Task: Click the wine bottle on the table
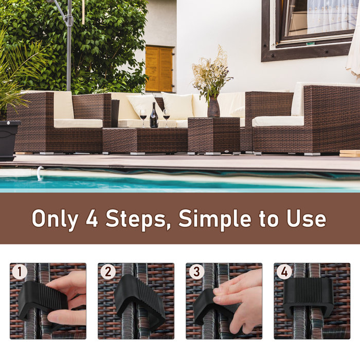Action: click(154, 116)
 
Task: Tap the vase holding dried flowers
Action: click(213, 107)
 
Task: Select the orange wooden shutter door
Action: click(159, 69)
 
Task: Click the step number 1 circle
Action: click(19, 272)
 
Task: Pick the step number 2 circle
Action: click(107, 272)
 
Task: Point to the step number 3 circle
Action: click(195, 272)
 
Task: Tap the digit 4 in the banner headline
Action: click(93, 219)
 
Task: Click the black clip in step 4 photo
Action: click(308, 298)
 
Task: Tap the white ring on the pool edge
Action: click(39, 174)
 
